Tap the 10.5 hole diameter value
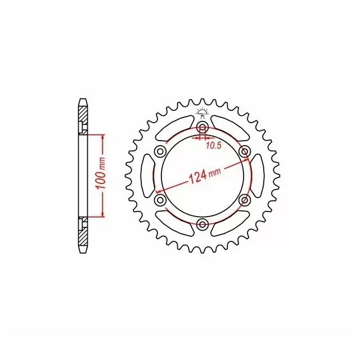[x=214, y=145]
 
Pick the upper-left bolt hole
[x=160, y=151]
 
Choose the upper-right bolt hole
[x=245, y=151]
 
